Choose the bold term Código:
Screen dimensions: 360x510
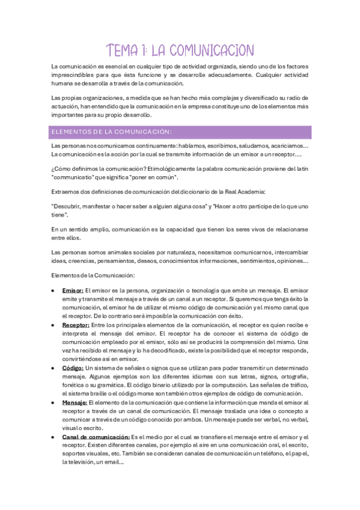pyautogui.click(x=73, y=367)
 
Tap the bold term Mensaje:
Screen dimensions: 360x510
pyautogui.click(x=75, y=402)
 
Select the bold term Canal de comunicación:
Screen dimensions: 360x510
pyautogui.click(x=96, y=437)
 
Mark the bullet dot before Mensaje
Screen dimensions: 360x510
pyautogui.click(x=54, y=402)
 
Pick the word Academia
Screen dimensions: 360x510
pyautogui.click(x=257, y=191)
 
